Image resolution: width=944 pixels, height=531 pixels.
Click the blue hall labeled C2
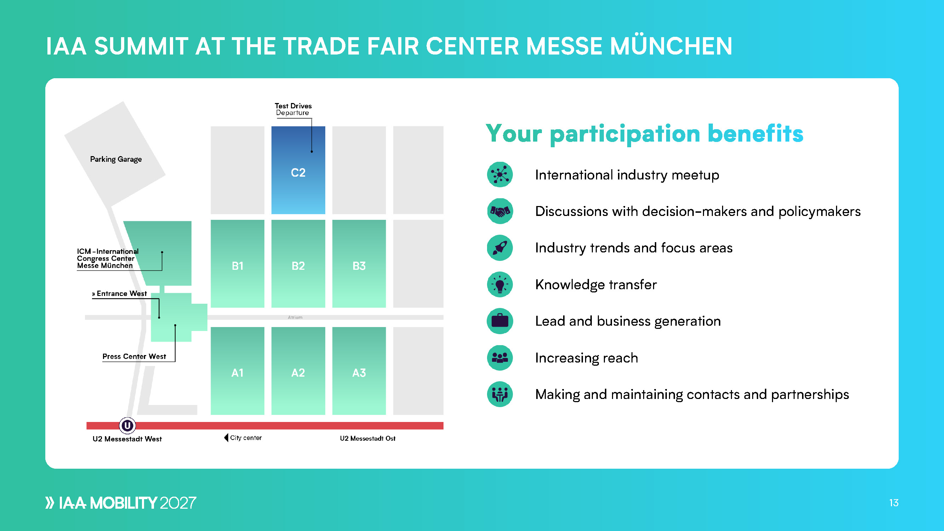pyautogui.click(x=298, y=170)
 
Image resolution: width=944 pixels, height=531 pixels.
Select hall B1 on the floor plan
pyautogui.click(x=238, y=263)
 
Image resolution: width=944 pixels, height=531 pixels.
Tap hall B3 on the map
pyautogui.click(x=359, y=263)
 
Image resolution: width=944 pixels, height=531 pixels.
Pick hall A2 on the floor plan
pyautogui.click(x=298, y=371)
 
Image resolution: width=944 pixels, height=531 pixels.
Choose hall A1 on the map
pyautogui.click(x=238, y=371)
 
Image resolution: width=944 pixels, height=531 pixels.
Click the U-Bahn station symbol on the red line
pyautogui.click(x=127, y=426)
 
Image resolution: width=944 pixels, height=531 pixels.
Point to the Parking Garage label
pyautogui.click(x=116, y=159)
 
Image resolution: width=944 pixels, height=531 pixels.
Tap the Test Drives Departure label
pyautogui.click(x=293, y=109)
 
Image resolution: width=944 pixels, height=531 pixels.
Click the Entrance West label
pyautogui.click(x=120, y=293)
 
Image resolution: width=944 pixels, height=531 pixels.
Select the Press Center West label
pyautogui.click(x=134, y=356)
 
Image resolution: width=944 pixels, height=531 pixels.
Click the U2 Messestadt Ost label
pyautogui.click(x=367, y=438)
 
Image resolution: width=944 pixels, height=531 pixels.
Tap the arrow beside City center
pyautogui.click(x=226, y=438)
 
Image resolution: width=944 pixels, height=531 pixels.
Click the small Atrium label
pyautogui.click(x=295, y=317)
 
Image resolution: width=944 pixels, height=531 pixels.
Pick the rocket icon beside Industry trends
pyautogui.click(x=500, y=248)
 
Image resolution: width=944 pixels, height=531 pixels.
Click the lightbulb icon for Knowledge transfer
pyautogui.click(x=500, y=284)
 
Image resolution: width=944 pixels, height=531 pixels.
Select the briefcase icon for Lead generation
pyautogui.click(x=500, y=321)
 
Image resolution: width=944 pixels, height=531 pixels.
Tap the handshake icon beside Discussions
pyautogui.click(x=500, y=211)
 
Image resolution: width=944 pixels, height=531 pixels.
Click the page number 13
pyautogui.click(x=894, y=503)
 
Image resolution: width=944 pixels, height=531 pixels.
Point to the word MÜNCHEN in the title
pyautogui.click(x=671, y=46)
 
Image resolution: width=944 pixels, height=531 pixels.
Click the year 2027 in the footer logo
pyautogui.click(x=178, y=503)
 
